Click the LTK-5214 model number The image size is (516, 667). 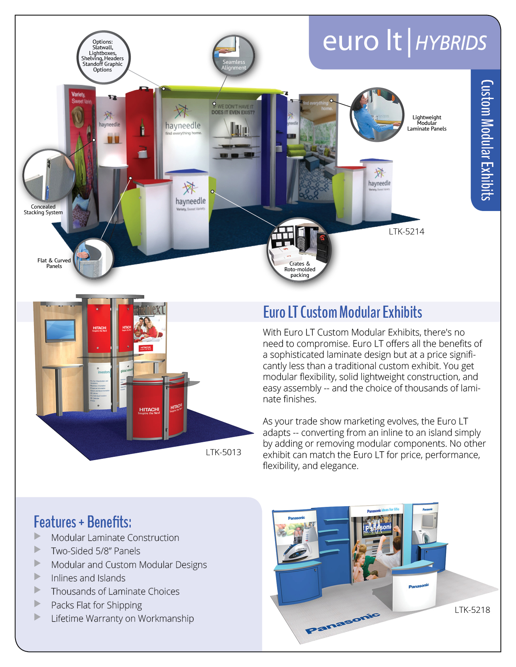click(x=406, y=232)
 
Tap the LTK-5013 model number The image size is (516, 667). click(x=223, y=452)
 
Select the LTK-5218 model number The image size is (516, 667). click(x=472, y=610)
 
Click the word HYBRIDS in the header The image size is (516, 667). click(x=451, y=43)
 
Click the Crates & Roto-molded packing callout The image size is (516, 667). click(x=299, y=249)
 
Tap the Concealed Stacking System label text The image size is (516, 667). click(x=43, y=209)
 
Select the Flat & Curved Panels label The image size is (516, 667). click(x=54, y=263)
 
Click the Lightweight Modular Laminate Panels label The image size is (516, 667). click(x=427, y=123)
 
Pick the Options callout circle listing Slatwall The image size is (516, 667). click(x=103, y=57)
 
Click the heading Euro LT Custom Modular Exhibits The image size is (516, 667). click(x=342, y=312)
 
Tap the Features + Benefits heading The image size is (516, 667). click(x=83, y=522)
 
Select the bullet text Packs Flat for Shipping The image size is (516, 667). click(x=96, y=605)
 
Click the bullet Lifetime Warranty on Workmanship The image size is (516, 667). click(x=122, y=618)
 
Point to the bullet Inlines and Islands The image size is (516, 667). click(x=88, y=578)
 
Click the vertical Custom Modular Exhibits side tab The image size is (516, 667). click(x=486, y=140)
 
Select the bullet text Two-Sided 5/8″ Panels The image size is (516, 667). click(x=96, y=551)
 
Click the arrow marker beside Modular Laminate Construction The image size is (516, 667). click(x=38, y=536)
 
